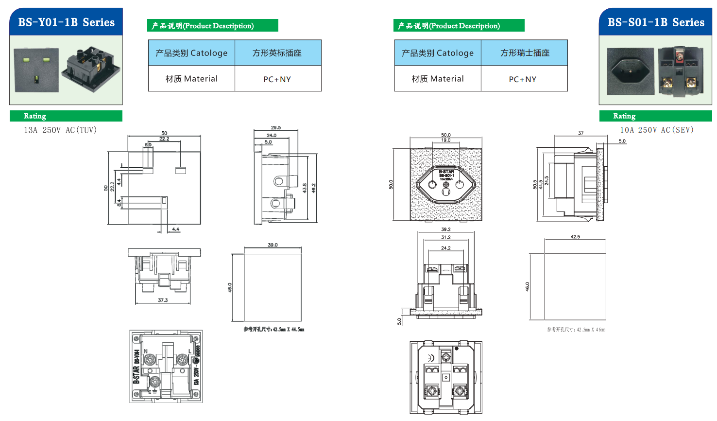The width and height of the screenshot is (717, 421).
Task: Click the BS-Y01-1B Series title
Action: point(66,22)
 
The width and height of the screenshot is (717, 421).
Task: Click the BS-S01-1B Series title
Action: point(656,22)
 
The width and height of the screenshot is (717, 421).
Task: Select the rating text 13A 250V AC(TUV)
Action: point(60,130)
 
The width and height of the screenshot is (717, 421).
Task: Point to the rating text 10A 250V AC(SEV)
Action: point(657,130)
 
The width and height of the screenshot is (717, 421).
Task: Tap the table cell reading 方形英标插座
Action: point(277,53)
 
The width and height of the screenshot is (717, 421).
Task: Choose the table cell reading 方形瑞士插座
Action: point(525,53)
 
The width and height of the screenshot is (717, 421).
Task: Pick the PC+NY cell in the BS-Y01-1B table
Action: point(277,79)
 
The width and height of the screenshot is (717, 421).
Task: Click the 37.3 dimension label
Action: point(163,300)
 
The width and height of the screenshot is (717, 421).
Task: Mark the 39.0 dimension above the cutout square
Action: point(273,245)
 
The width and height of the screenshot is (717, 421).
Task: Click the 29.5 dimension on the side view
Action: point(276,128)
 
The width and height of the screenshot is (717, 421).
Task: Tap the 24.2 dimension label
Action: point(445,248)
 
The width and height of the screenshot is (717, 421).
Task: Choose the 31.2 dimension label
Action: point(445,237)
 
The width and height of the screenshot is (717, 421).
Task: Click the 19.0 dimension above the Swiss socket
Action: point(445,140)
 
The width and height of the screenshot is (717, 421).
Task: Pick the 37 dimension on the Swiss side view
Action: point(581,133)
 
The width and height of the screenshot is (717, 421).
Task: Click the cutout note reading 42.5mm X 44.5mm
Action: point(274,330)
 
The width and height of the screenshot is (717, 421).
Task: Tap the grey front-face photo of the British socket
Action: point(36,70)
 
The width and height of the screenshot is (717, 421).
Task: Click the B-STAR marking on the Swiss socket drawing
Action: point(446,172)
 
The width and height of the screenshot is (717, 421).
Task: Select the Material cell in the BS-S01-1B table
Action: point(438,79)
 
